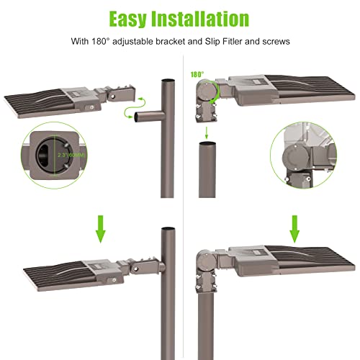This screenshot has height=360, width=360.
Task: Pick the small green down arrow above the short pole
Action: [x=207, y=132]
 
